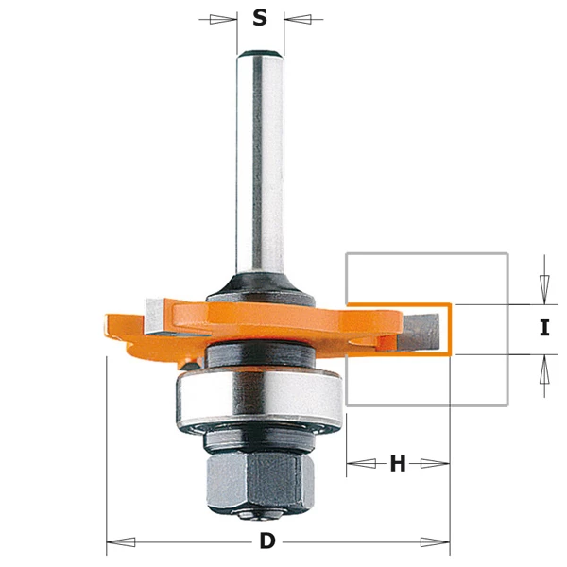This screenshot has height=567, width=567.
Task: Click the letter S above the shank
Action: pos(260,18)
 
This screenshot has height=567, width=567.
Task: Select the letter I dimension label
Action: pos(543,329)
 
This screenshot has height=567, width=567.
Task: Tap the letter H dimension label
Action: pos(398,463)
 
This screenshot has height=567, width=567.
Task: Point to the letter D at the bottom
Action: pos(267,541)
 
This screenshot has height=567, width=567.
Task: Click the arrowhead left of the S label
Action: pos(223,18)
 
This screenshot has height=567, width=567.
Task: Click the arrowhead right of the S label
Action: pos(297,18)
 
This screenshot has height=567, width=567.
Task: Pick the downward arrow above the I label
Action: pos(543,283)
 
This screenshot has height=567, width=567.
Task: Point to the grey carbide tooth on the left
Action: pos(155,315)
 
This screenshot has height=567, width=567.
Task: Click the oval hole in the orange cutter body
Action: pos(365,335)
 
